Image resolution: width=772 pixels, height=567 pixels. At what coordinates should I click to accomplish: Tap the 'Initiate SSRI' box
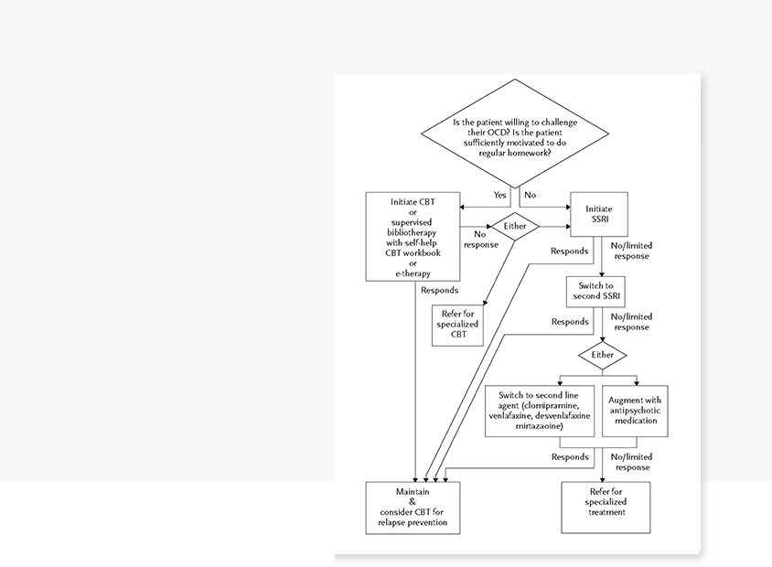coord(598,215)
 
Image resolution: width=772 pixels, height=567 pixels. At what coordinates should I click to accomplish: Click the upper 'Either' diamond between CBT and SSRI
coord(515,225)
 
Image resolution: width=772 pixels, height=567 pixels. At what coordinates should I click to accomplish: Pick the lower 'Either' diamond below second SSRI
coord(602,355)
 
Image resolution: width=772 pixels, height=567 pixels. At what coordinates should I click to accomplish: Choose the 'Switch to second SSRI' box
coord(595,293)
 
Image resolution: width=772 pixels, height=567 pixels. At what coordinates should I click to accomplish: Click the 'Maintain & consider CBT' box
coord(413,508)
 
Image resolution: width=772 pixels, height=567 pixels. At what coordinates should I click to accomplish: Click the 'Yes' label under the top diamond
coord(500,195)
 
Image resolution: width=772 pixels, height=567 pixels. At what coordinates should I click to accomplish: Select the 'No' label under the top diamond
coord(530,195)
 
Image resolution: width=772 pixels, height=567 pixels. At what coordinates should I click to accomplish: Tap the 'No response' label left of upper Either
coord(479,240)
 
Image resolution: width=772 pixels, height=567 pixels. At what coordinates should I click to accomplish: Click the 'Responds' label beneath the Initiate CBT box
coord(440,290)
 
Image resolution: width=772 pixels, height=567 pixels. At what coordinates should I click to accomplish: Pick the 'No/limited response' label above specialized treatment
coord(629,462)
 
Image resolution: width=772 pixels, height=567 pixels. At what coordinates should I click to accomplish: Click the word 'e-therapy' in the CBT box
coord(413,273)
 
